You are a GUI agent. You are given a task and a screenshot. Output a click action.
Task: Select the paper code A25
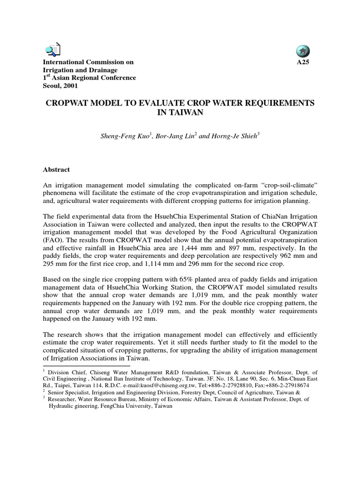coord(303,62)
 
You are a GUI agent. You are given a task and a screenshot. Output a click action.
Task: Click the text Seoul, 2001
coord(60,86)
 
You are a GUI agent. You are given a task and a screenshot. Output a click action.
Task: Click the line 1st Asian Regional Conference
coord(90,78)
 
